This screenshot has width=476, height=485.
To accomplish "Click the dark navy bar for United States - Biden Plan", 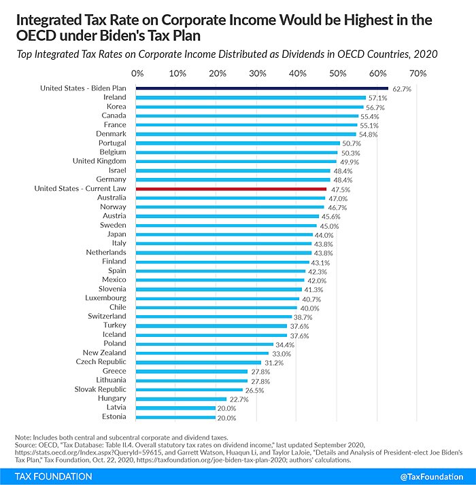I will (262, 88).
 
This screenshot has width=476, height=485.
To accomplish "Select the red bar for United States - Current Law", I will (231, 189).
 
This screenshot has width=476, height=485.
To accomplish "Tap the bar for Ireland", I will (251, 97).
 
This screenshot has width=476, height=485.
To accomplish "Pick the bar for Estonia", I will (176, 417).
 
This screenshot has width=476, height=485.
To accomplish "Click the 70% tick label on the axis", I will (418, 73).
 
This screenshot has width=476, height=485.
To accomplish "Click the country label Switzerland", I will (107, 316).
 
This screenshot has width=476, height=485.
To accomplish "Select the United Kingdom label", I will (99, 161).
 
